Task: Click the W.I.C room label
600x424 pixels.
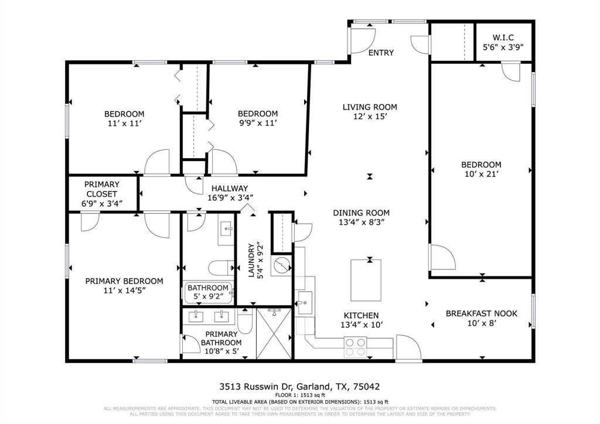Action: click(502, 37)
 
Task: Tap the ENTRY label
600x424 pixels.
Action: click(381, 53)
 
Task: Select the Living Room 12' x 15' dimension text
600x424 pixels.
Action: click(370, 117)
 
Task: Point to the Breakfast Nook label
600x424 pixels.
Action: click(482, 313)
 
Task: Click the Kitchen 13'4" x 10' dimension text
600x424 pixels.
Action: click(361, 325)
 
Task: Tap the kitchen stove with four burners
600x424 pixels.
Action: click(354, 347)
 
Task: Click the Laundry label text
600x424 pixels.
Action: click(251, 261)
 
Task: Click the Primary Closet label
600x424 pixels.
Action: click(102, 189)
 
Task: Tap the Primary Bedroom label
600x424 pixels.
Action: click(124, 281)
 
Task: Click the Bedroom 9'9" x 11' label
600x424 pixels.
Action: click(257, 114)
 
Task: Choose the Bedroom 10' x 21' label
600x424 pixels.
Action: click(481, 165)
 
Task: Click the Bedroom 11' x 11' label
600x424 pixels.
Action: click(124, 114)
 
